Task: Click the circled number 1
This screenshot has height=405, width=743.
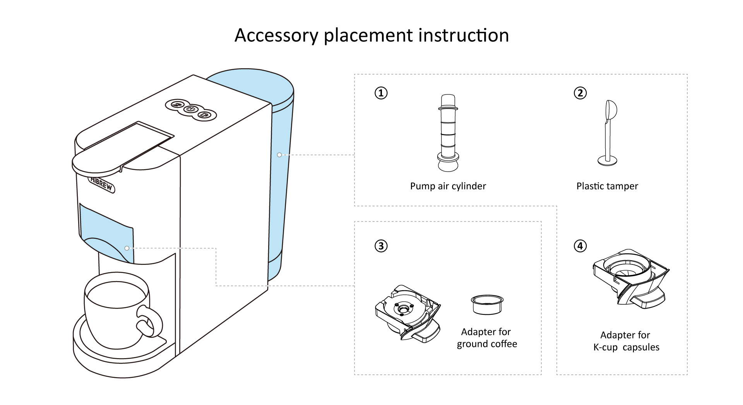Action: (381, 93)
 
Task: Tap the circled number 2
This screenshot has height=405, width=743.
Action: (580, 93)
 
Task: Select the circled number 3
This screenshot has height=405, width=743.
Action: (381, 246)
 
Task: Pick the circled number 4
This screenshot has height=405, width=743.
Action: (580, 246)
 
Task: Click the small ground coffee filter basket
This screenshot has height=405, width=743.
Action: (487, 305)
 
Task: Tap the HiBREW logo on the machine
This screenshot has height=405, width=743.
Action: (102, 184)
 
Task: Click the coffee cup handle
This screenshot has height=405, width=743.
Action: (150, 321)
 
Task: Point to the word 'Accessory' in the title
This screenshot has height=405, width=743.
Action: (276, 36)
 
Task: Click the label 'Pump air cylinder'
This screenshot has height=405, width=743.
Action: (448, 186)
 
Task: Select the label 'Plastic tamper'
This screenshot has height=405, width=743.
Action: (607, 186)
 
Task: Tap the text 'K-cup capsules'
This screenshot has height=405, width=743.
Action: (626, 347)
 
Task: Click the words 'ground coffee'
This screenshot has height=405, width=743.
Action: (487, 344)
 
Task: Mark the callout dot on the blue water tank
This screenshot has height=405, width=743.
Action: (279, 155)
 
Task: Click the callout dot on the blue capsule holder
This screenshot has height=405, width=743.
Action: (127, 248)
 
